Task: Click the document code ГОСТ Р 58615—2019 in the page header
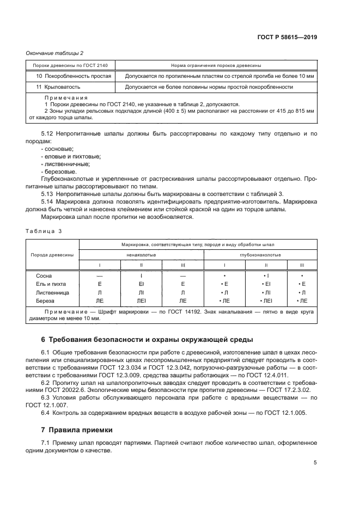click(x=287, y=38)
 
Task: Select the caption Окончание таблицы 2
click(x=54, y=53)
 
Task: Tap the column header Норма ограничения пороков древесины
click(x=216, y=65)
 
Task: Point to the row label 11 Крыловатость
click(x=59, y=87)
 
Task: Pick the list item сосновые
click(x=58, y=149)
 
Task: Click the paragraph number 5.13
click(x=48, y=194)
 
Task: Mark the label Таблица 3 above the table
click(x=44, y=231)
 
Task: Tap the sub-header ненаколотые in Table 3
click(x=141, y=254)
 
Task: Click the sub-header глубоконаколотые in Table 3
click(x=265, y=254)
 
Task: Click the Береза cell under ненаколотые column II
click(x=141, y=301)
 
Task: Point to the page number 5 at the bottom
click(x=315, y=463)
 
